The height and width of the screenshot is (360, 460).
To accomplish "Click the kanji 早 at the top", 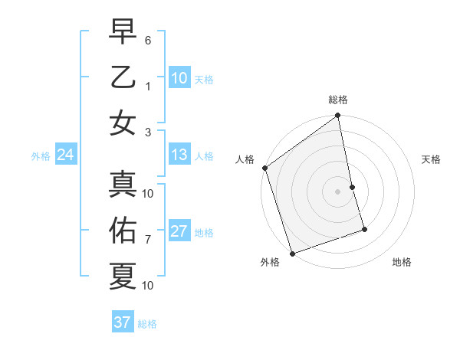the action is [123, 32].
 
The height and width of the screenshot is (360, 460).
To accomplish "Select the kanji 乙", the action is [123, 77].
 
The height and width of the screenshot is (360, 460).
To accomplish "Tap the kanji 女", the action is [123, 122].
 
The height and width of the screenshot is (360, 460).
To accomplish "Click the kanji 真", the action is [123, 184].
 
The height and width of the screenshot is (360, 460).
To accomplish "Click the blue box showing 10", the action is [179, 78].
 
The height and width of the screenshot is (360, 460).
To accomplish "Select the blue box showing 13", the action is [179, 155].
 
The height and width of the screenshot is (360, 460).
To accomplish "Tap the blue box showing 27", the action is [179, 232].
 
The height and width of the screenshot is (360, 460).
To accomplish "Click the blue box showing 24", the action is [65, 155].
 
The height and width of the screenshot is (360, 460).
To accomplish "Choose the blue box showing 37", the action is [122, 322].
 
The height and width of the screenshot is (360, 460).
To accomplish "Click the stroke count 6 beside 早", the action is [148, 39].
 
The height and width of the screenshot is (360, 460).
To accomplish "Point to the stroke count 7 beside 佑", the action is [148, 240].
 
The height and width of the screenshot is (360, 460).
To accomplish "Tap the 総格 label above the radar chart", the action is [338, 100].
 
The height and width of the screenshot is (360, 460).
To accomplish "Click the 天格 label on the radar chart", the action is [432, 159].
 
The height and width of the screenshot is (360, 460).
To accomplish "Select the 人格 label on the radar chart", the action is [245, 159].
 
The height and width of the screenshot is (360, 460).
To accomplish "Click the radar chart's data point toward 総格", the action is [338, 116].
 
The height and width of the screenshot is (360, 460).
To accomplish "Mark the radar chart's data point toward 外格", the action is [292, 253].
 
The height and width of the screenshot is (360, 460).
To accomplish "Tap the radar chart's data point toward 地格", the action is [364, 229].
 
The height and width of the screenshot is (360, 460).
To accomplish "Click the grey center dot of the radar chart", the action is [338, 191].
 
